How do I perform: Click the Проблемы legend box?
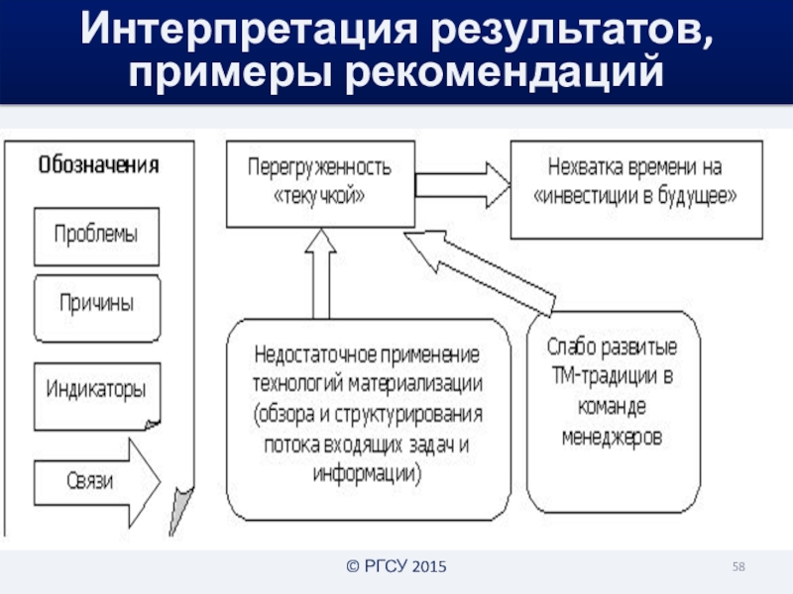coord(95,236)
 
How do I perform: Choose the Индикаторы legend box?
coord(96,387)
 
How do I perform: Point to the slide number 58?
coord(738,566)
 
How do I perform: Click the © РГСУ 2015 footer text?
coord(396,567)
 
